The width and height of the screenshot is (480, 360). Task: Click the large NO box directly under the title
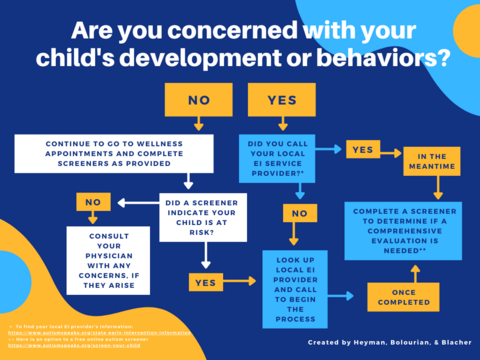point(198,99)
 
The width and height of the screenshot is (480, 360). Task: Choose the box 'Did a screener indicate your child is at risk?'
point(203,217)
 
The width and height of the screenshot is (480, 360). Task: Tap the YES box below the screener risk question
point(204,282)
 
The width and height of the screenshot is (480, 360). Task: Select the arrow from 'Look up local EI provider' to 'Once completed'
point(347,297)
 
